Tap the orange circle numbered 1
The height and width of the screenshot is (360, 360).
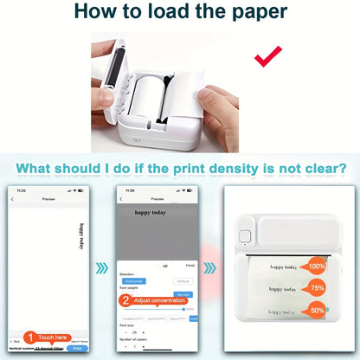click(x=29, y=337)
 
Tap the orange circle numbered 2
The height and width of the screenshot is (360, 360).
click(x=125, y=302)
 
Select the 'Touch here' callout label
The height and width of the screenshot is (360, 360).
click(x=53, y=337)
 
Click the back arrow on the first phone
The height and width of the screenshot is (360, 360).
click(x=12, y=199)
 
